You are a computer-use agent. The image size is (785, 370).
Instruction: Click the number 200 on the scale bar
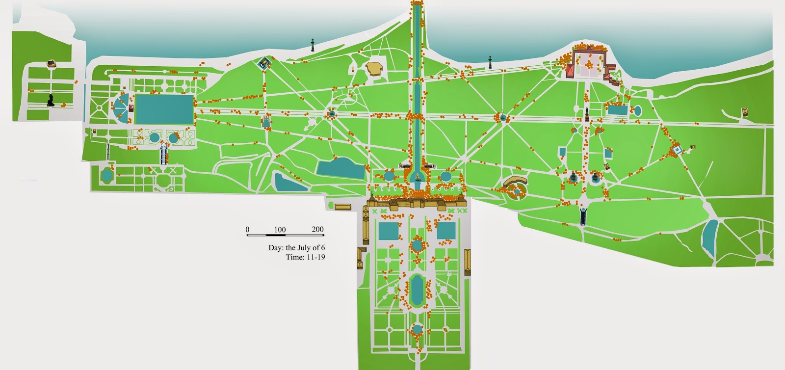pos(317,229)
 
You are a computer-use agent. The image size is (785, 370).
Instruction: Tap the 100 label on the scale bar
pos(280,229)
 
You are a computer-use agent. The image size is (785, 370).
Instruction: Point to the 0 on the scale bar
pos(248,229)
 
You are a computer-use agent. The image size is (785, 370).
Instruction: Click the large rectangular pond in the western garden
pos(164,109)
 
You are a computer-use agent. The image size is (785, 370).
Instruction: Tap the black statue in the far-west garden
pos(51,100)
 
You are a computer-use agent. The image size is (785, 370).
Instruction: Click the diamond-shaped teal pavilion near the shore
pos(265,63)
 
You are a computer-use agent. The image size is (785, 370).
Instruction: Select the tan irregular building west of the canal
pos(375,68)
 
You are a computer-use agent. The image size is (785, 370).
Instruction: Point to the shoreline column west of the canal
pos(313,44)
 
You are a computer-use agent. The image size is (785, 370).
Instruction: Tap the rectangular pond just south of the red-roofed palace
pos(617,110)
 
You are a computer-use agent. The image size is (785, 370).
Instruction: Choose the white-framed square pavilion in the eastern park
pos(677,149)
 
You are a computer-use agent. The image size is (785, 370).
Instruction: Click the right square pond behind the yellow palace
pos(446,231)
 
